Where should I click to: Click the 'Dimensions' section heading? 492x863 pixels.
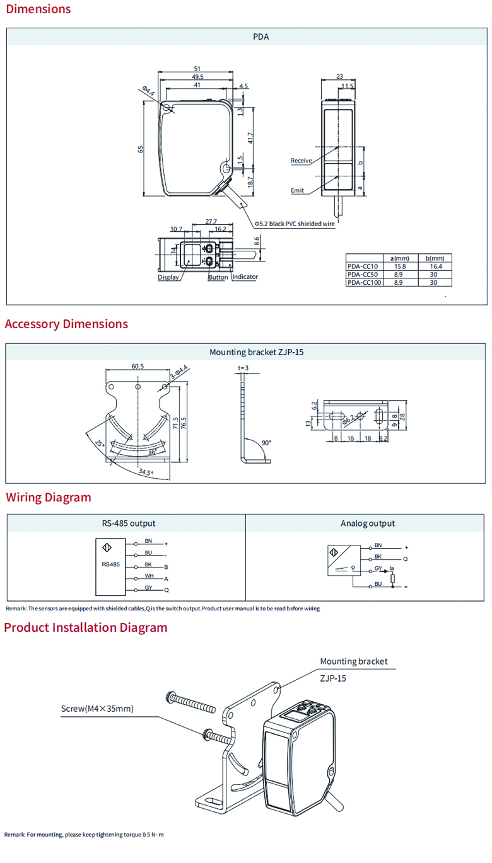click(x=38, y=9)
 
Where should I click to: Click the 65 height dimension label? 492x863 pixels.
click(x=141, y=149)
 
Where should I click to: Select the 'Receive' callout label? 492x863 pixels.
click(x=301, y=161)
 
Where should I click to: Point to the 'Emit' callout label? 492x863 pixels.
click(x=297, y=190)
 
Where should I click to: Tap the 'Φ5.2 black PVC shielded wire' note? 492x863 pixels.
click(x=295, y=224)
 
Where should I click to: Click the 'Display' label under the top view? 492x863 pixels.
click(x=168, y=277)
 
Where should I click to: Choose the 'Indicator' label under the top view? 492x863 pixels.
click(x=245, y=277)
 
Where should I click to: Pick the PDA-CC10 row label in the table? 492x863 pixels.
click(x=363, y=266)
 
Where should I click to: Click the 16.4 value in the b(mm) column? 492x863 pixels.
click(x=433, y=266)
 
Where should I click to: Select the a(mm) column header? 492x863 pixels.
click(x=399, y=258)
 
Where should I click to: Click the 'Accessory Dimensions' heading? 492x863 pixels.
click(x=66, y=324)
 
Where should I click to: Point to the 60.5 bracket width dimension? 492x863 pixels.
click(x=138, y=366)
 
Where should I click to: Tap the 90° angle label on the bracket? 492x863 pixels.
click(x=266, y=443)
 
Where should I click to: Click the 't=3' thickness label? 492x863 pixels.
click(x=243, y=367)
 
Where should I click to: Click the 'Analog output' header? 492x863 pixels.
click(x=368, y=523)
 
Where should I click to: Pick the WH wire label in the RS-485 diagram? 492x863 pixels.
click(x=149, y=575)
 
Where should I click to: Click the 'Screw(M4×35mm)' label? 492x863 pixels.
click(x=97, y=708)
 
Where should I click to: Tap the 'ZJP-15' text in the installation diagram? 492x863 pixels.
click(x=333, y=678)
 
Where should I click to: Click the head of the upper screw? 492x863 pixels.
click(x=170, y=696)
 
